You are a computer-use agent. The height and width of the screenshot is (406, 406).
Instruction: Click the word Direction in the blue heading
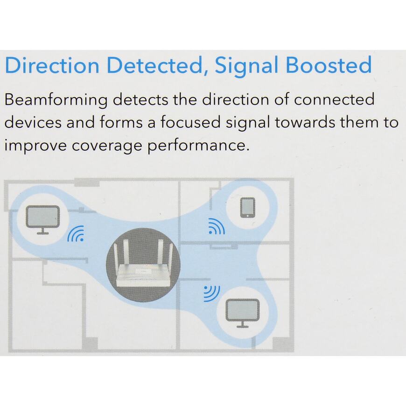tap(52, 65)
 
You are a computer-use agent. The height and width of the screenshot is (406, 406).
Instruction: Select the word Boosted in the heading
tap(329, 65)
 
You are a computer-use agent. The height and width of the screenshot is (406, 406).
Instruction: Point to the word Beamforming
tap(56, 100)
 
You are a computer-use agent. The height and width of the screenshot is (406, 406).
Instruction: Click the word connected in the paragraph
tap(334, 99)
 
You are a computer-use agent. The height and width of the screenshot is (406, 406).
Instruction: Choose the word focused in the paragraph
tap(190, 122)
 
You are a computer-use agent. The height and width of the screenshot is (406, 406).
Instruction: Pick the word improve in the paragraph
tap(35, 146)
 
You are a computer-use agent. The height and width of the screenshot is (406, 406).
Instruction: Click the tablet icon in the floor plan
tap(247, 207)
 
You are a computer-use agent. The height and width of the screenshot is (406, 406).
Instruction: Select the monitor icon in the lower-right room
tap(243, 313)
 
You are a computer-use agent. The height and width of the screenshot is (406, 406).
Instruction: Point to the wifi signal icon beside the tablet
tap(217, 226)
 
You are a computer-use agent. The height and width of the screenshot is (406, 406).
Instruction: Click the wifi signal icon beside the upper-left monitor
tap(76, 233)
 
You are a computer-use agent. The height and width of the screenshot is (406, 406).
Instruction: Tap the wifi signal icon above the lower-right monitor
tap(212, 294)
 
